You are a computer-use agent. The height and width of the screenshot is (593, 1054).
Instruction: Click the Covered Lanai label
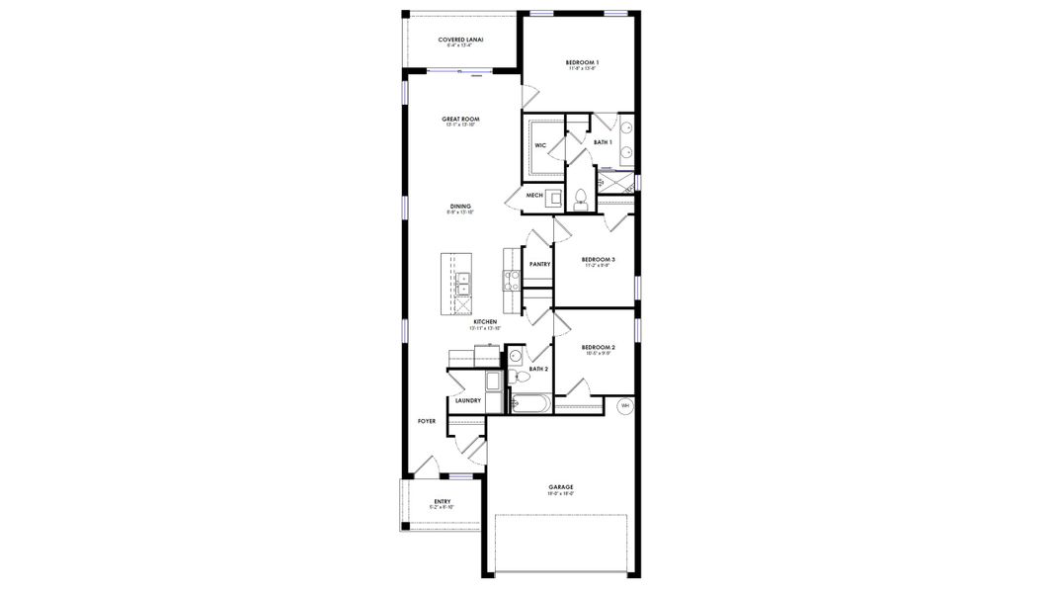click(x=460, y=41)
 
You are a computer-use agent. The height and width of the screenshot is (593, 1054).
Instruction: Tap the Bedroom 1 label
click(x=582, y=61)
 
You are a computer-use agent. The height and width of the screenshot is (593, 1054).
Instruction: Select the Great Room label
click(x=460, y=120)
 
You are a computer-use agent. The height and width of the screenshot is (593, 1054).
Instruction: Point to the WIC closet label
click(x=540, y=146)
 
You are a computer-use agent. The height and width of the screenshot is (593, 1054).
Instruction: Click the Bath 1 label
click(x=603, y=142)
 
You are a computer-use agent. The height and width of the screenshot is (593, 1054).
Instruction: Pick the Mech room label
click(x=534, y=196)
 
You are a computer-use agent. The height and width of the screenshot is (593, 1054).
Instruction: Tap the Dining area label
click(x=460, y=207)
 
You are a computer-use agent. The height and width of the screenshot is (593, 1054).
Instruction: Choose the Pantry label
click(x=539, y=264)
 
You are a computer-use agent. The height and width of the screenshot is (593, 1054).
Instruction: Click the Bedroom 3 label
click(x=599, y=260)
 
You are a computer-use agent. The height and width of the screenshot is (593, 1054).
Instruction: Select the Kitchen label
click(x=484, y=322)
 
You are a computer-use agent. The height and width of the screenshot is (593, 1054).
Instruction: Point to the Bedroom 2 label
click(x=599, y=348)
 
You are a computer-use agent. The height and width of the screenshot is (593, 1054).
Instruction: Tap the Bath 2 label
click(x=538, y=369)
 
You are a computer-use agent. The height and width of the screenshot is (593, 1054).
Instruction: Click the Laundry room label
click(x=468, y=400)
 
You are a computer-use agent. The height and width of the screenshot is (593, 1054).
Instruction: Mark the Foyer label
click(x=427, y=421)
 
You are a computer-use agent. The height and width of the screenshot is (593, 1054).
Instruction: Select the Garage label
click(x=561, y=487)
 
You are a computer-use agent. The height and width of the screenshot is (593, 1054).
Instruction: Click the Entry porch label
click(x=443, y=502)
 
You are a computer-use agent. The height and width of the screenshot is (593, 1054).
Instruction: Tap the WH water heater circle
click(x=624, y=405)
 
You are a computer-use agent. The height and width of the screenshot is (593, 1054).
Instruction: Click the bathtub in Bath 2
click(x=531, y=403)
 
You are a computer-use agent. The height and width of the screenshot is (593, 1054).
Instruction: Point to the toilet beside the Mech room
click(x=581, y=196)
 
